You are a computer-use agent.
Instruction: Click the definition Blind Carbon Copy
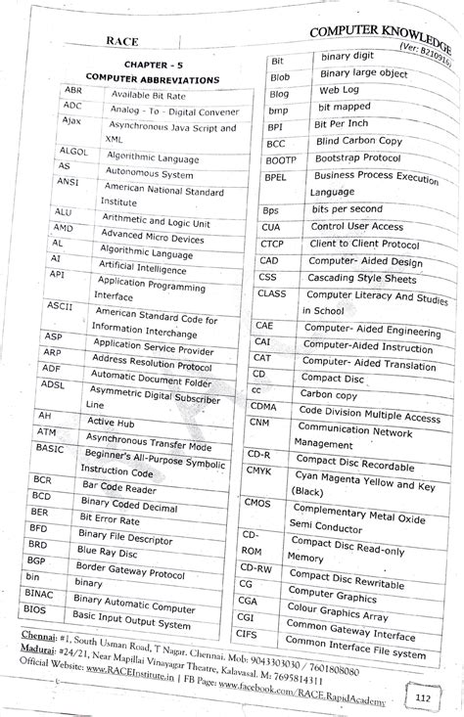coord(353,140)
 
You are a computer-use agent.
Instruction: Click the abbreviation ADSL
coord(51,385)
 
